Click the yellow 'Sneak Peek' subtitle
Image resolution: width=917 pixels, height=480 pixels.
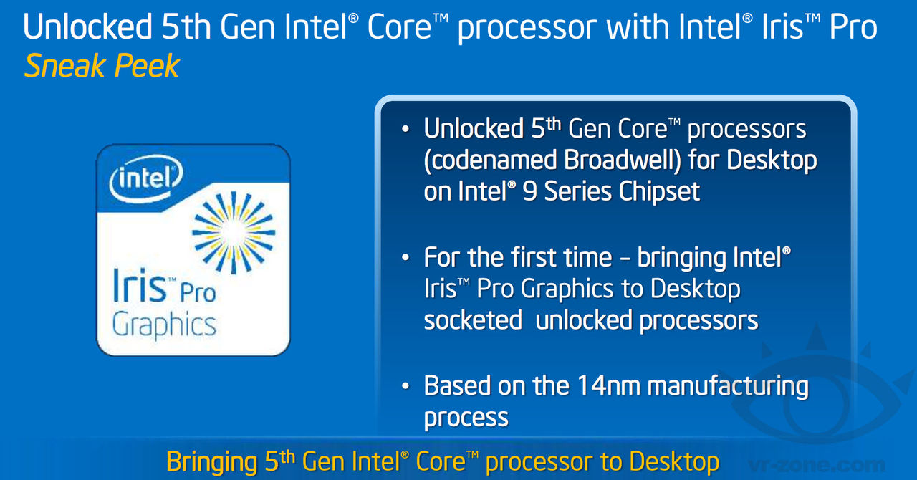[x=102, y=66]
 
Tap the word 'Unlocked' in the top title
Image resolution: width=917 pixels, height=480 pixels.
[x=87, y=27]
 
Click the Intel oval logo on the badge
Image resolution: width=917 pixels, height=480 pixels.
[x=145, y=179]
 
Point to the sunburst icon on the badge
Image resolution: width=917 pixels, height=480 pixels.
[x=234, y=232]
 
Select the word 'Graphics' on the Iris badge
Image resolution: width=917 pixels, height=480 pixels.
[x=164, y=325]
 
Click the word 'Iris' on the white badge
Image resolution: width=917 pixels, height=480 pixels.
[x=139, y=285]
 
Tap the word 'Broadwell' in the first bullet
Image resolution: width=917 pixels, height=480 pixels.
[x=622, y=160]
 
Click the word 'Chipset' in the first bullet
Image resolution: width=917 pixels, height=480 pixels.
[x=659, y=192]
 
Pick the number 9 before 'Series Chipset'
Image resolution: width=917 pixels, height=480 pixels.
[x=529, y=192]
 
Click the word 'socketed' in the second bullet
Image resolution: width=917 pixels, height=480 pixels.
[x=473, y=320]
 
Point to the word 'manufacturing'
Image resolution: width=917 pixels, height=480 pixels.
[x=728, y=387]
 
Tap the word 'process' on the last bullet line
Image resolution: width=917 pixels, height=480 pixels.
[x=466, y=418]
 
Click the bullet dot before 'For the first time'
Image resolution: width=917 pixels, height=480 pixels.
[x=405, y=258]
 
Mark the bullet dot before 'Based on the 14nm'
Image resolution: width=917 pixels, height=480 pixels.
[x=405, y=386]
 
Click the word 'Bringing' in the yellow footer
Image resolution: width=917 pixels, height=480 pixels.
[x=211, y=462]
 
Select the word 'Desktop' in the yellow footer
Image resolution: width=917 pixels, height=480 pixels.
[x=674, y=462]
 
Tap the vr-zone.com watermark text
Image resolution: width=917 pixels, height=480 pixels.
[x=817, y=465]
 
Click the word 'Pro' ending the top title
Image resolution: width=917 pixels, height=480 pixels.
[x=853, y=27]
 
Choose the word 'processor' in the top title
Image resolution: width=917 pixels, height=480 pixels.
[x=527, y=29]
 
